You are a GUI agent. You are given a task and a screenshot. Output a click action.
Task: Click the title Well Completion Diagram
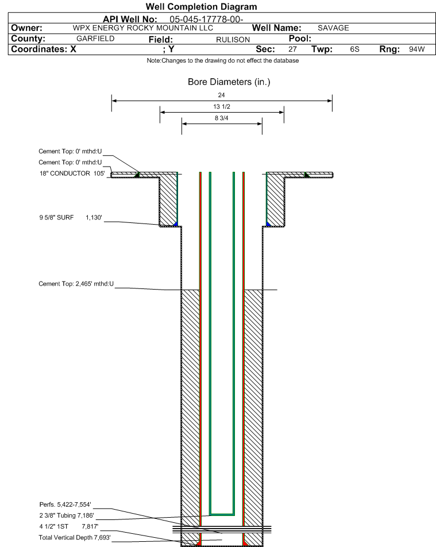coord(201,7)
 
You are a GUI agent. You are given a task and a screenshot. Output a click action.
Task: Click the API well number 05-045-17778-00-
coord(206,19)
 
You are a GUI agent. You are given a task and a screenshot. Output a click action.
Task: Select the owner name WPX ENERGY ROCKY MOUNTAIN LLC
coord(142,28)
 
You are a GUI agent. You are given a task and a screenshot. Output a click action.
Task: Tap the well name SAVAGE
coord(333,28)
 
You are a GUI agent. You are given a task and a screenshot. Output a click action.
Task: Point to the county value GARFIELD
coord(95,38)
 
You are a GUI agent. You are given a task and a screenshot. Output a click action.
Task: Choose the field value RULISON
coord(233,40)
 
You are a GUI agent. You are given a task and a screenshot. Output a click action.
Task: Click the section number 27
coord(292,49)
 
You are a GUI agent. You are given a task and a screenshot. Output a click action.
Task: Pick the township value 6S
coord(355,49)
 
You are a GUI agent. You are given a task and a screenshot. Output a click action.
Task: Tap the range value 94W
coord(417,49)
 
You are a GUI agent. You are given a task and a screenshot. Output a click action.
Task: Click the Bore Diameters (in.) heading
coord(229,82)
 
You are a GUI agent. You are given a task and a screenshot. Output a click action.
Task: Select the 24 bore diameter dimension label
coord(221,95)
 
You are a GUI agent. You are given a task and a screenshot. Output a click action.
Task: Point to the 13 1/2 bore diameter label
coord(222,106)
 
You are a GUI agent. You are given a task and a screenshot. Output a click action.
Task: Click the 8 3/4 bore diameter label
coord(222,118)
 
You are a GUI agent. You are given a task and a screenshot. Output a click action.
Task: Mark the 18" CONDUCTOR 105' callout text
coord(72,174)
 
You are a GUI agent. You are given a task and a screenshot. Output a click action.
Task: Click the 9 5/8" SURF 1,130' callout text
coord(71,217)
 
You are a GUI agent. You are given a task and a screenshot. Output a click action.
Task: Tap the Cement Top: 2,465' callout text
coord(76,284)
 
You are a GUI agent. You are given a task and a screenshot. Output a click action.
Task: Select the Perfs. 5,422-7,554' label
coord(65,504)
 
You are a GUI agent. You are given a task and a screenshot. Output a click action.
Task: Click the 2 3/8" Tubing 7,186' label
coord(67,515)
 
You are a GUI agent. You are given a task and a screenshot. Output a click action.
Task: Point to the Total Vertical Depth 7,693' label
coord(75,537)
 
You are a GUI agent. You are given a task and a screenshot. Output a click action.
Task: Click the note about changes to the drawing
coord(222,60)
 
